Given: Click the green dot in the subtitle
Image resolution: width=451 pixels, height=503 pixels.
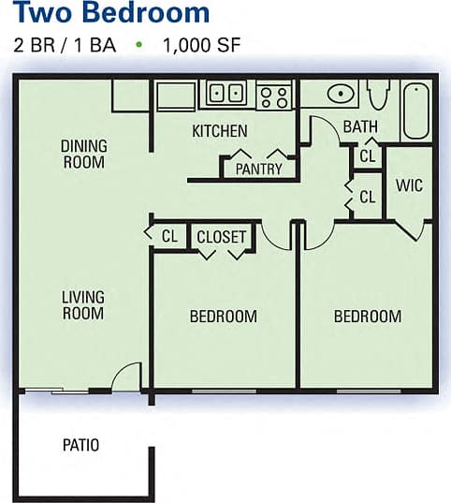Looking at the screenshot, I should click(x=139, y=44).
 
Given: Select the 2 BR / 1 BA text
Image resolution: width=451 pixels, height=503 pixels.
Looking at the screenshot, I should click(x=65, y=44).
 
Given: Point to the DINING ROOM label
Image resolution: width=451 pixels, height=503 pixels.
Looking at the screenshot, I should click(x=83, y=154).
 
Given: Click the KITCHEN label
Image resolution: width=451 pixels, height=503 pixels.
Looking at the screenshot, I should click(x=220, y=131).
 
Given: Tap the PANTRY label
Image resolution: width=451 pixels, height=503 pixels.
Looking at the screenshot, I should click(x=258, y=169).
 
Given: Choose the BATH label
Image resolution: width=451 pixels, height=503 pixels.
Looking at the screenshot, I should click(x=360, y=126).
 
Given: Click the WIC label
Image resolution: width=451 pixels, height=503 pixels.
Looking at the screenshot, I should click(x=409, y=185).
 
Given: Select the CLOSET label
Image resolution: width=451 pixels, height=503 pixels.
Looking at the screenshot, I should click(x=221, y=237).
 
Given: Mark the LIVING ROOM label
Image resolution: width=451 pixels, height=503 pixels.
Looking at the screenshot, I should click(x=83, y=305).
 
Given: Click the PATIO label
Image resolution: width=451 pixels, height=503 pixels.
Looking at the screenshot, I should click(x=81, y=445).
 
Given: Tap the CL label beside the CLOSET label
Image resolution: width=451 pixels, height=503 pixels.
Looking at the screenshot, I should click(x=169, y=237).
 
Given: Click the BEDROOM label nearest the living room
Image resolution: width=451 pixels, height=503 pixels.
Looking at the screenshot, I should click(x=223, y=317).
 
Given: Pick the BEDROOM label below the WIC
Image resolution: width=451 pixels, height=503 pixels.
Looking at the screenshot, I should click(x=368, y=317).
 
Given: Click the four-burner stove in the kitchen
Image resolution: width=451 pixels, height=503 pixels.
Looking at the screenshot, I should click(x=275, y=95).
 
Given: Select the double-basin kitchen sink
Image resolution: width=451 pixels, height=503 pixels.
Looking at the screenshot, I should click(x=225, y=94).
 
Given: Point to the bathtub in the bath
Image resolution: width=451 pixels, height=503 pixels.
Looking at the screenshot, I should click(x=416, y=111).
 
